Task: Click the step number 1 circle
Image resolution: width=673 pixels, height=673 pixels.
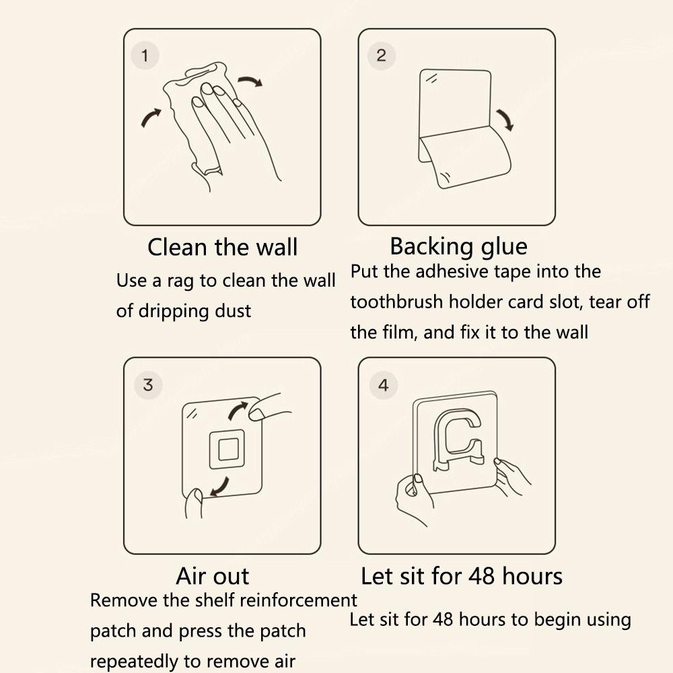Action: click(x=145, y=55)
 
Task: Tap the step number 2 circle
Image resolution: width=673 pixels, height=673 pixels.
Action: click(x=381, y=55)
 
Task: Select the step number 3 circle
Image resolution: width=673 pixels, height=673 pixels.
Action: click(x=147, y=384)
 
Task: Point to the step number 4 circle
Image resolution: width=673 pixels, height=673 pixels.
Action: click(x=384, y=385)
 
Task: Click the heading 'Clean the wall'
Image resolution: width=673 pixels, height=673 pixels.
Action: click(x=222, y=247)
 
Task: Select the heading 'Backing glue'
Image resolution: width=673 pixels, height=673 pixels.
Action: click(x=458, y=247)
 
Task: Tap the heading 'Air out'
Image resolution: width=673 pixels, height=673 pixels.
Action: click(x=213, y=576)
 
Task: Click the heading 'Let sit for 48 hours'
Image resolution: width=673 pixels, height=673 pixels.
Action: click(x=462, y=576)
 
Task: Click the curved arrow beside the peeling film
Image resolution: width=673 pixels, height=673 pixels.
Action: click(x=506, y=119)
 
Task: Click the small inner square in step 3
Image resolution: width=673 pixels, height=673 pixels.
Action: click(x=227, y=450)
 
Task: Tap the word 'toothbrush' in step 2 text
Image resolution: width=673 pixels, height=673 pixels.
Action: click(x=396, y=302)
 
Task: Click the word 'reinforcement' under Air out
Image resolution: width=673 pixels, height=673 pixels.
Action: click(x=298, y=600)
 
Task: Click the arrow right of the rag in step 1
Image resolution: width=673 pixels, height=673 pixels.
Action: click(x=250, y=80)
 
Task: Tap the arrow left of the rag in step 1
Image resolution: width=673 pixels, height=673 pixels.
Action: click(x=150, y=117)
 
